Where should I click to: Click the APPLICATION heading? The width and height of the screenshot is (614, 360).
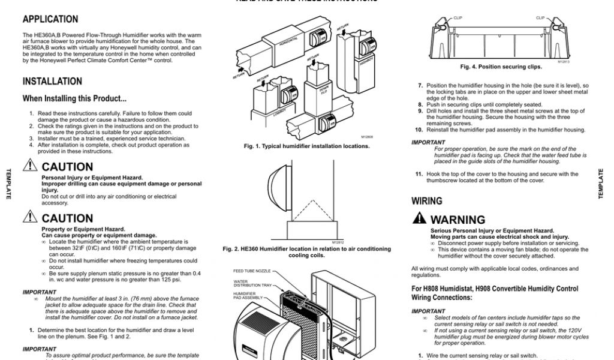click(50, 19)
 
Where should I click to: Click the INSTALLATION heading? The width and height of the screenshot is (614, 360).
click(52, 81)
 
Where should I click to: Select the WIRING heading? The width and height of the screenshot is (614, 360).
click(427, 201)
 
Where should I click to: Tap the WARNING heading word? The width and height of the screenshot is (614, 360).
click(458, 220)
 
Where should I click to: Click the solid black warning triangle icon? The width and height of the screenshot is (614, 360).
click(419, 218)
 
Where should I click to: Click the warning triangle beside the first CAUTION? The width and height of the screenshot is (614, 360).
click(30, 166)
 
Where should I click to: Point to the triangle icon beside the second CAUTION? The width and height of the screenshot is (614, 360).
click(30, 217)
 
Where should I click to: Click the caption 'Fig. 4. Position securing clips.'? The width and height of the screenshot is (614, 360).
click(501, 67)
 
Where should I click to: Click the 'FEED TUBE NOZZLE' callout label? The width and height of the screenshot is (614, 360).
click(252, 271)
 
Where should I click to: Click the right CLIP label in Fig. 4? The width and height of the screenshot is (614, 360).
click(540, 18)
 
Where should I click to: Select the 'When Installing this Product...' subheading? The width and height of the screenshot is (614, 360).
click(74, 98)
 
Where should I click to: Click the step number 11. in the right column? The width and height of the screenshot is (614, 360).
click(419, 174)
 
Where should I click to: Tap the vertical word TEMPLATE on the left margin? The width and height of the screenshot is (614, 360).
click(8, 184)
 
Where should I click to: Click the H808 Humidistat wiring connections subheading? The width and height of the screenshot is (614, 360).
click(495, 293)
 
